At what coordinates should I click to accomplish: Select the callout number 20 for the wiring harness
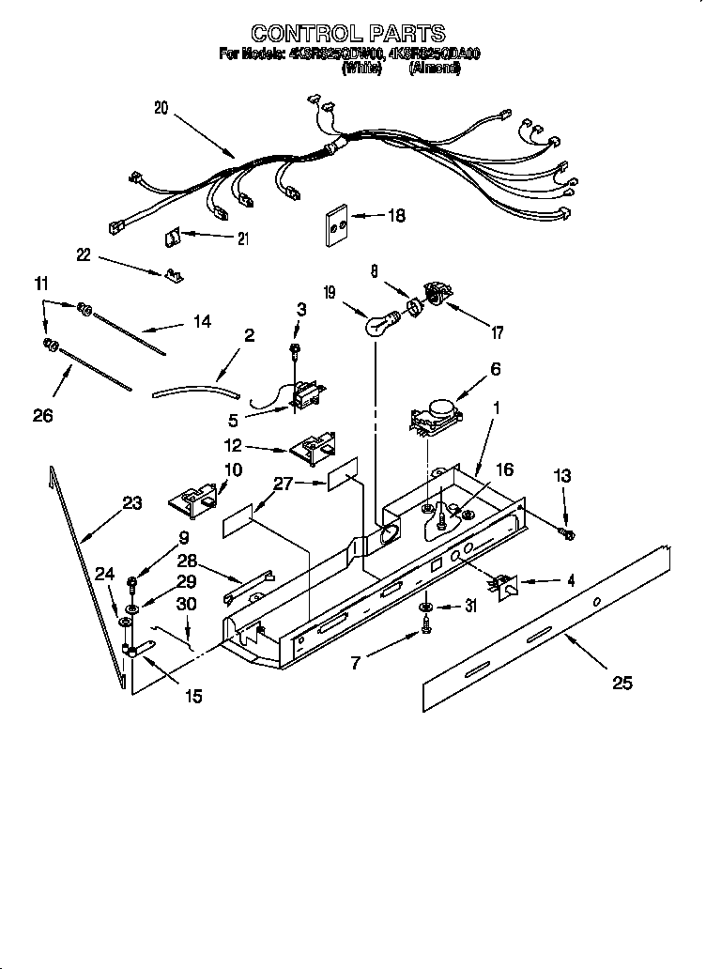[x=161, y=108]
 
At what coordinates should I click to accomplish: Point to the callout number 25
[x=622, y=683]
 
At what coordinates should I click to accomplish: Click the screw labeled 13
[x=567, y=534]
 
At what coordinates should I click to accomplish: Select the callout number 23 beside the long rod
[x=131, y=503]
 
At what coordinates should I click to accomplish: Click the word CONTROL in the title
[x=301, y=35]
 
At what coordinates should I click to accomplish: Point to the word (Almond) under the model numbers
[x=434, y=69]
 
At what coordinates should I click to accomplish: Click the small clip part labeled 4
[x=504, y=585]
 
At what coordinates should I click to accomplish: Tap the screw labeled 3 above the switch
[x=295, y=350]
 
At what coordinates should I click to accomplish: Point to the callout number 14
[x=201, y=322]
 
